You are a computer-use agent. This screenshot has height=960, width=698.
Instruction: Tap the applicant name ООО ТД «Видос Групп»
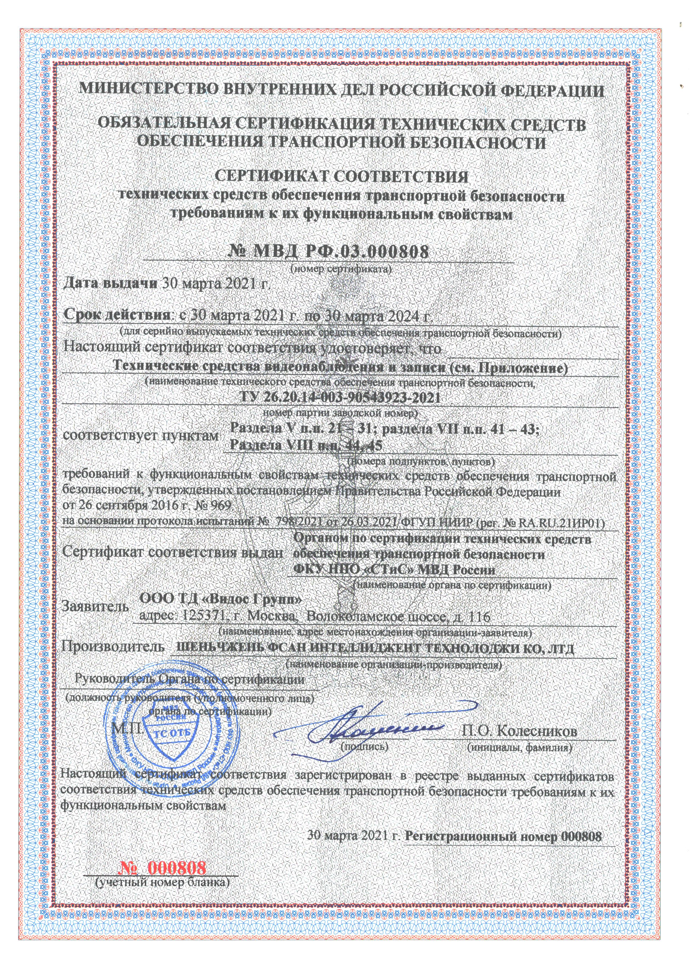(221, 600)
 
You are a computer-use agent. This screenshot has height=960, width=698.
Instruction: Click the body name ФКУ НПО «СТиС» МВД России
(394, 570)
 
